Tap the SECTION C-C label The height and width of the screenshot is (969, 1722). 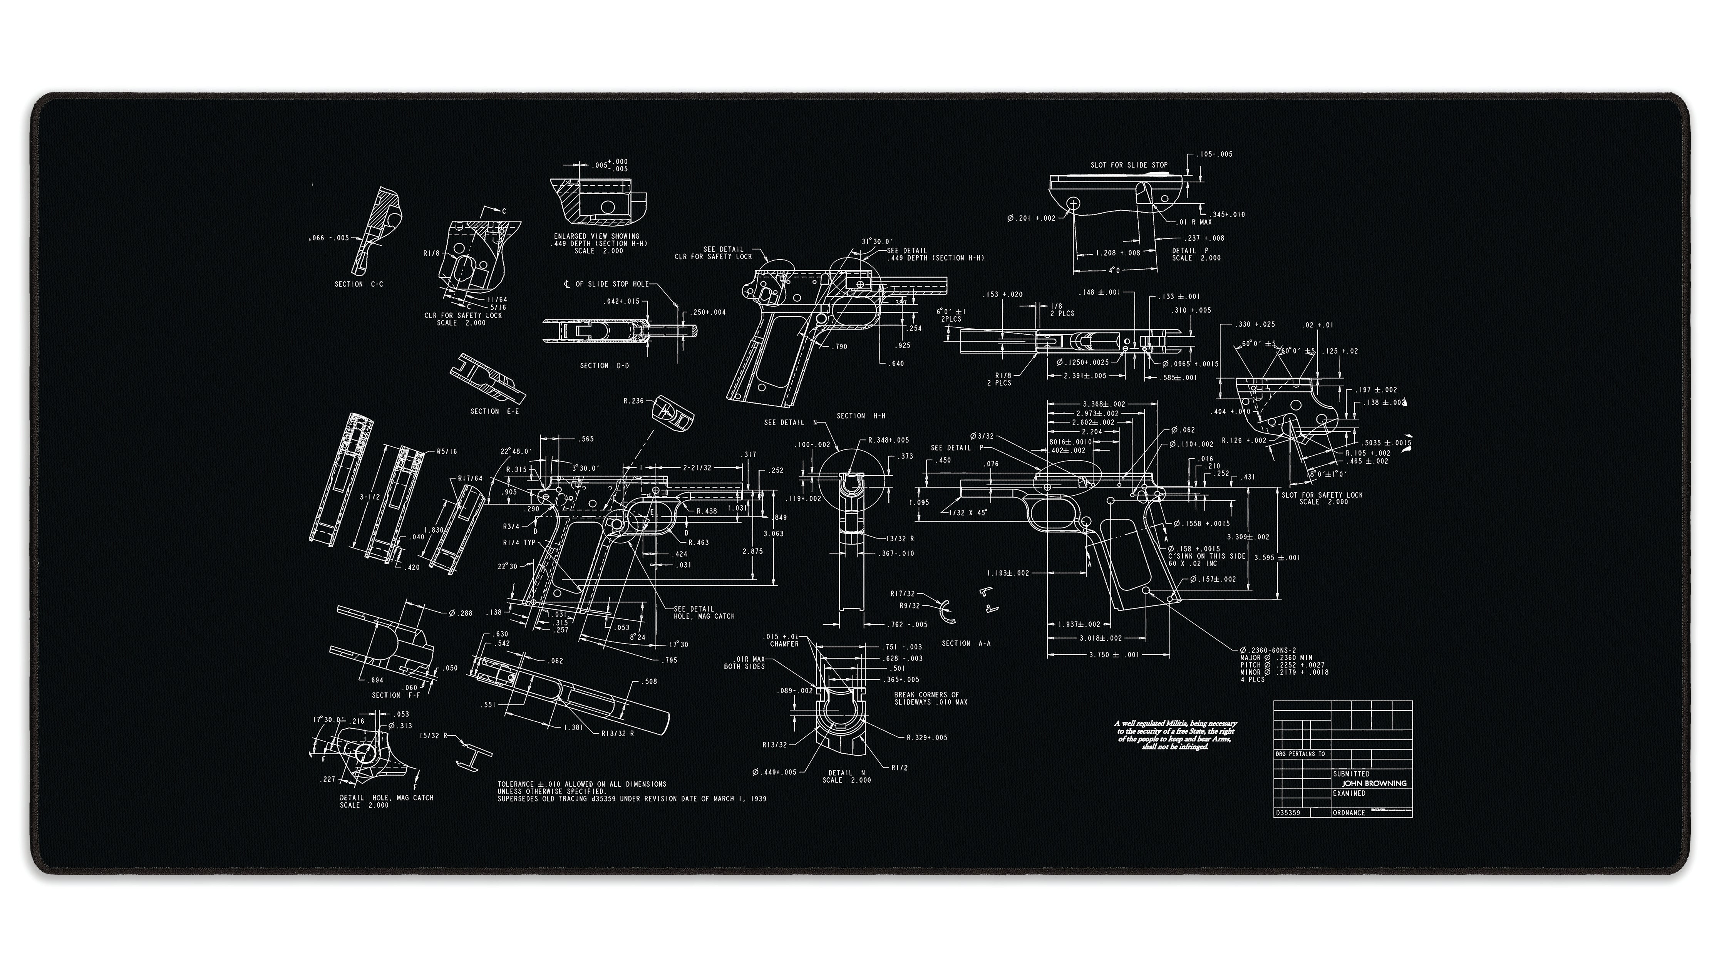click(x=359, y=284)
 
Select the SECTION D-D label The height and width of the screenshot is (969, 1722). click(x=604, y=366)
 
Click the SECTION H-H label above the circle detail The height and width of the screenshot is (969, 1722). click(x=861, y=416)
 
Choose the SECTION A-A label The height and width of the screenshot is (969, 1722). click(x=966, y=643)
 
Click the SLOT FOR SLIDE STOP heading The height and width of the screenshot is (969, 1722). click(x=1129, y=165)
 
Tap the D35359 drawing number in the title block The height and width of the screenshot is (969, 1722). click(x=1288, y=813)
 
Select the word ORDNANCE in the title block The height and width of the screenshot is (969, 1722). click(x=1349, y=813)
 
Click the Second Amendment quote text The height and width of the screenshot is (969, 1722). click(x=1175, y=735)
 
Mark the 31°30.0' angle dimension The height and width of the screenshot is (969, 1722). click(x=877, y=241)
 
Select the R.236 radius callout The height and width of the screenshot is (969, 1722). click(x=633, y=401)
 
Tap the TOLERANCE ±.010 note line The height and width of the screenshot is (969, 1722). click(x=581, y=784)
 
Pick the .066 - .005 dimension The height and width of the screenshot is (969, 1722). click(x=329, y=238)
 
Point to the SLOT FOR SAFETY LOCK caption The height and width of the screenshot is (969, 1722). click(x=1322, y=496)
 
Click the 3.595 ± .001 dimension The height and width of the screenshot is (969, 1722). click(x=1277, y=558)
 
